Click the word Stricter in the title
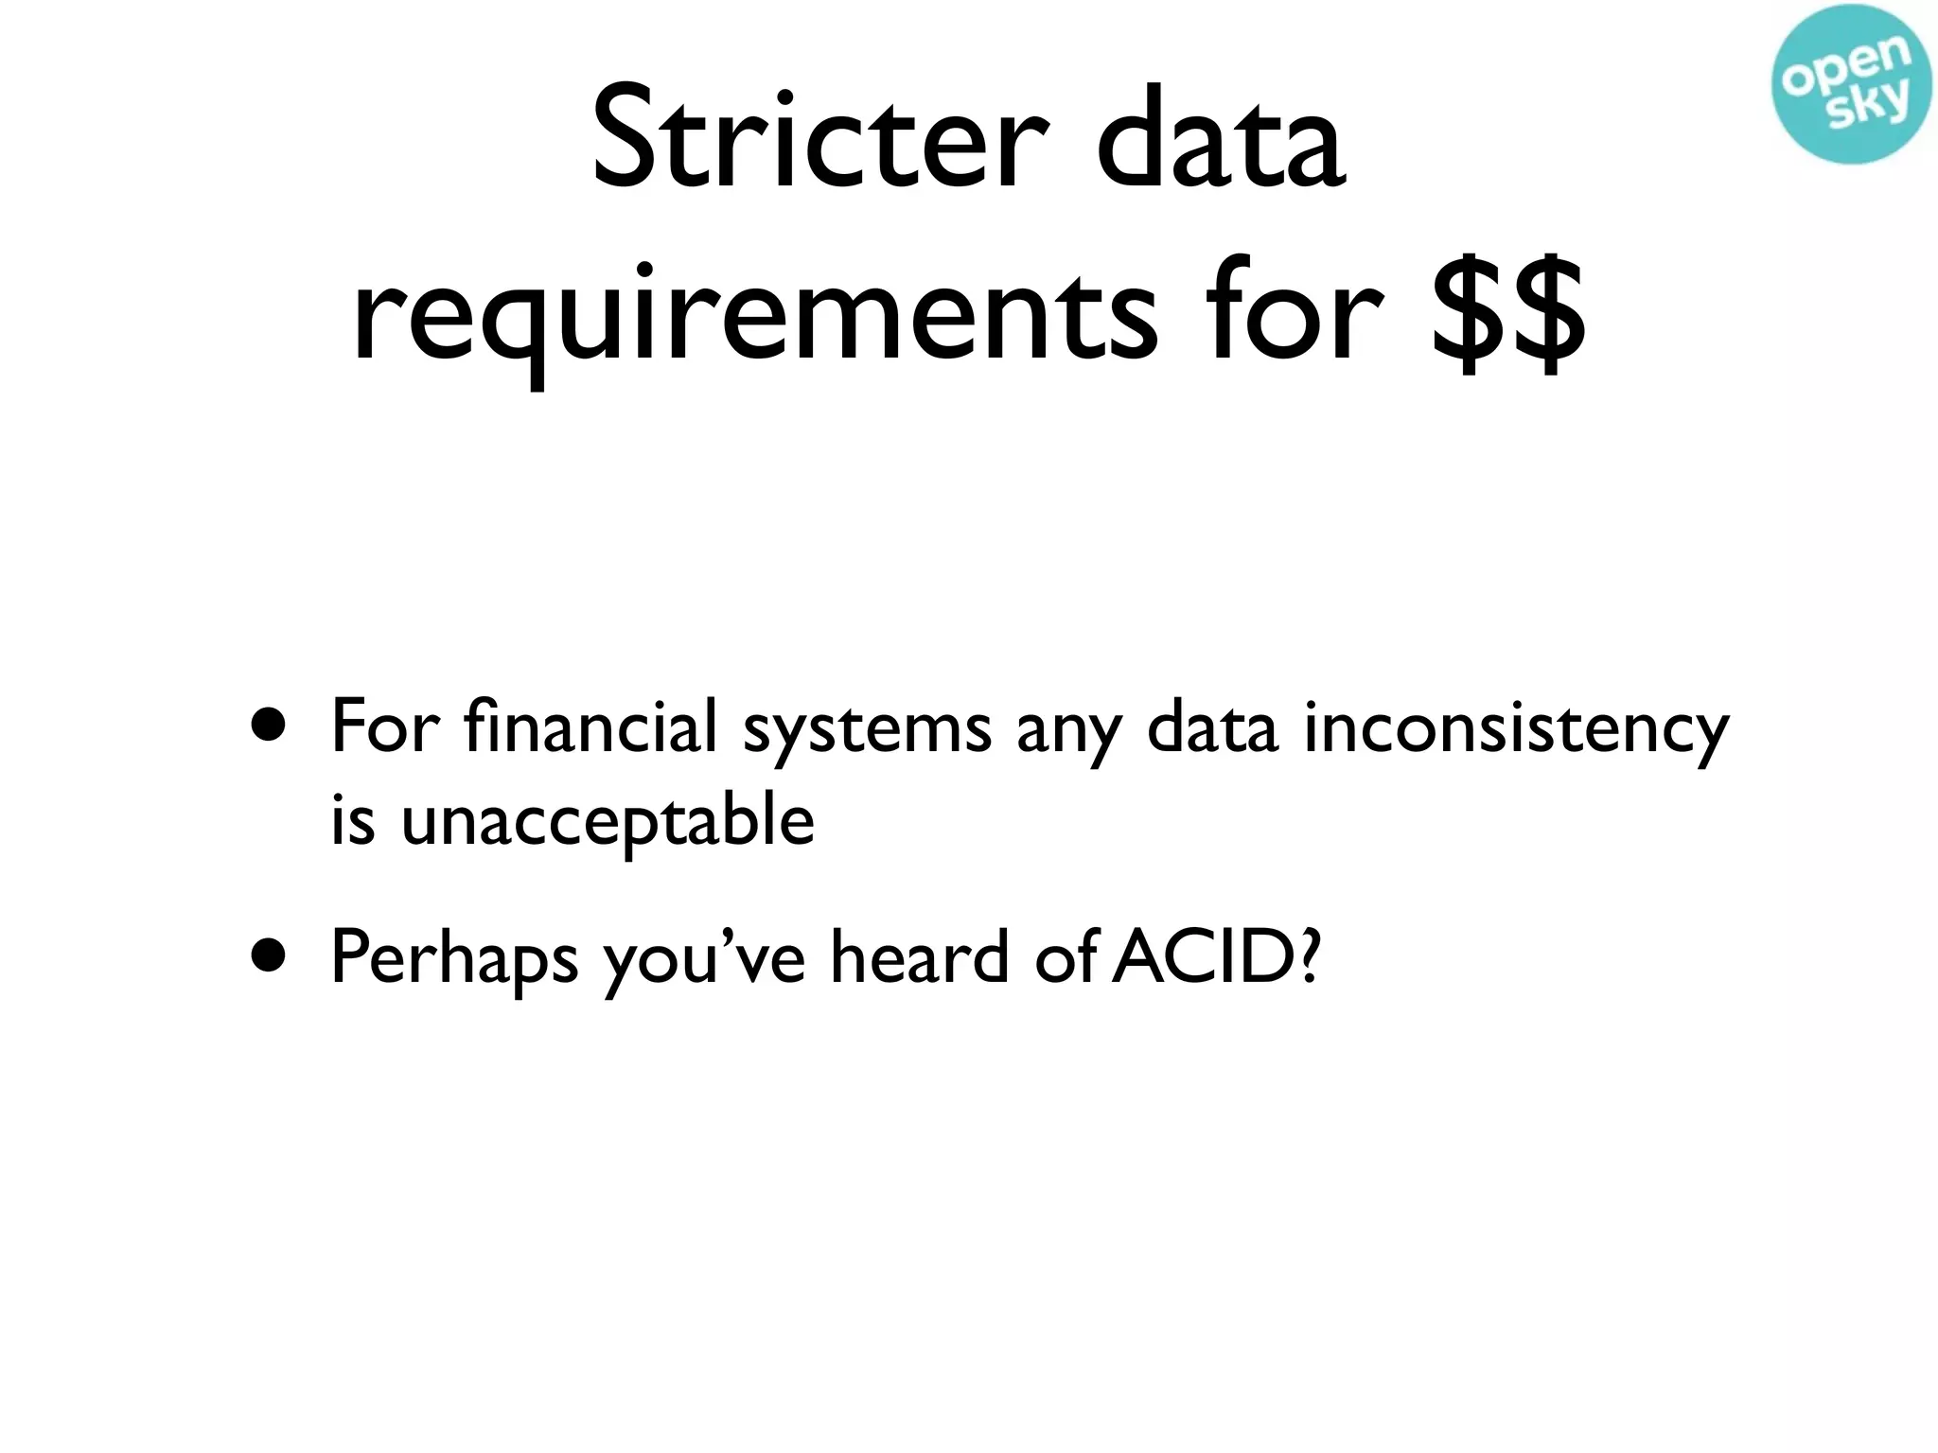(820, 140)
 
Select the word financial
(590, 726)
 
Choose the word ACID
(1198, 956)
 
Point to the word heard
(920, 956)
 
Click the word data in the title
(1220, 140)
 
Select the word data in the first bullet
(1212, 726)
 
